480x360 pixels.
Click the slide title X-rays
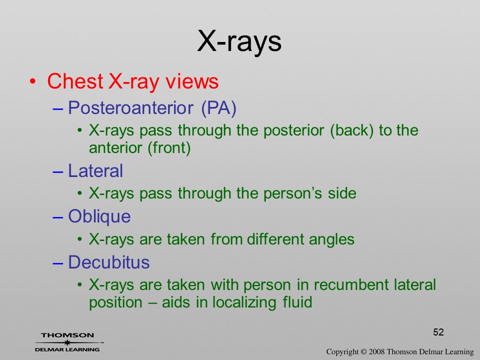tap(239, 41)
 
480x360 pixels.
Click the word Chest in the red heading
tap(75, 81)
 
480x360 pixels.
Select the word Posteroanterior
tap(130, 107)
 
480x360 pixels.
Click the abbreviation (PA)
tap(219, 108)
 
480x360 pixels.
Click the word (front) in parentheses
tap(169, 148)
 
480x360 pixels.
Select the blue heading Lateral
tap(95, 170)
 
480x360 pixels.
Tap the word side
tap(342, 193)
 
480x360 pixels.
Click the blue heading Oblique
tap(99, 216)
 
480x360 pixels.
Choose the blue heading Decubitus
tap(108, 262)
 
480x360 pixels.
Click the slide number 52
tap(438, 332)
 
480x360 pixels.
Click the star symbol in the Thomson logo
tap(67, 342)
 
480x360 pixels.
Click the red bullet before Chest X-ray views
tap(33, 81)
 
